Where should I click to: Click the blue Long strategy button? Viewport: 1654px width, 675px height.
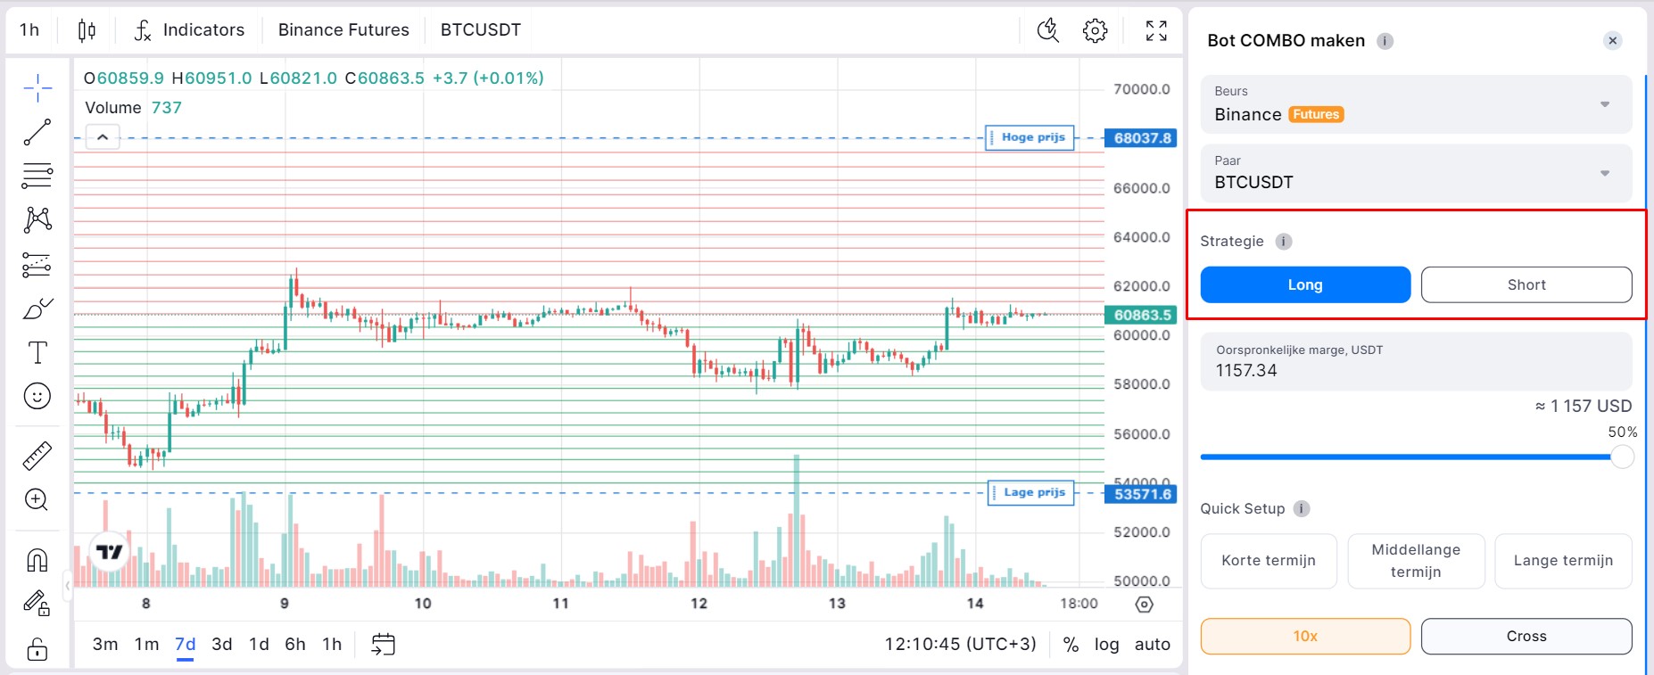click(x=1305, y=284)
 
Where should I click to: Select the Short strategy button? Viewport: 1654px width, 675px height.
click(x=1526, y=284)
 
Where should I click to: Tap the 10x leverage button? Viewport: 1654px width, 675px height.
click(x=1305, y=636)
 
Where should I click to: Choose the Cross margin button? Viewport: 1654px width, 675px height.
click(x=1526, y=636)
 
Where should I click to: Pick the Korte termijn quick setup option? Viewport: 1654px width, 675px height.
click(x=1268, y=560)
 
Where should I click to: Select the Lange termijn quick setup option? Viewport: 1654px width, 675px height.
click(x=1563, y=560)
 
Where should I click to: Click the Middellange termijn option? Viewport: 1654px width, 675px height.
click(x=1416, y=560)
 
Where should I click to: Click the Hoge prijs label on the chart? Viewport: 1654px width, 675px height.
click(x=1032, y=137)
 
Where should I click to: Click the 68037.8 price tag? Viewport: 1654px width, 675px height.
click(x=1142, y=138)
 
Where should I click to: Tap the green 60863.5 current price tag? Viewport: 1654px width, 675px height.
click(x=1142, y=315)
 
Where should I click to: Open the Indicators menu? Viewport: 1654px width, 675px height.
click(x=190, y=29)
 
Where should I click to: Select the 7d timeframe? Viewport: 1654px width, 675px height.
click(x=185, y=644)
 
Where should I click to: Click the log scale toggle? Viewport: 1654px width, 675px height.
click(x=1106, y=644)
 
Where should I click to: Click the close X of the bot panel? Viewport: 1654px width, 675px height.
click(x=1612, y=40)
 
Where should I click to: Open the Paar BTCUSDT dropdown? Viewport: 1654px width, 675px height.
click(x=1416, y=173)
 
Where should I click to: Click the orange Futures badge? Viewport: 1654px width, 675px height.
click(x=1316, y=114)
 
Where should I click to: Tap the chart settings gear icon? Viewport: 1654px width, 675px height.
click(x=1095, y=30)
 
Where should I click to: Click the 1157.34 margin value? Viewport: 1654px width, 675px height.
click(x=1246, y=370)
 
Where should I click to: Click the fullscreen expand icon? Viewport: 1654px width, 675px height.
click(x=1156, y=30)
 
